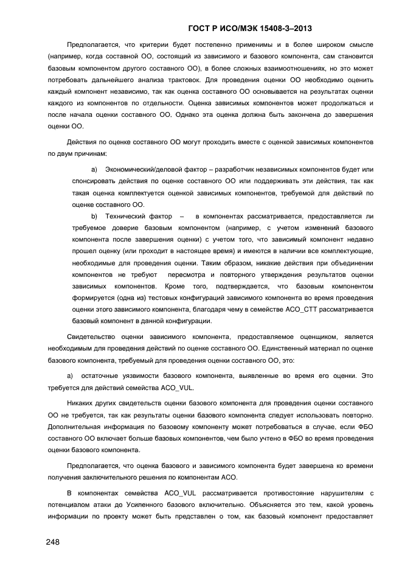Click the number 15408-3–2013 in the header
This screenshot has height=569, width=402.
284,28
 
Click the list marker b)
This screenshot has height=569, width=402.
94,216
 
